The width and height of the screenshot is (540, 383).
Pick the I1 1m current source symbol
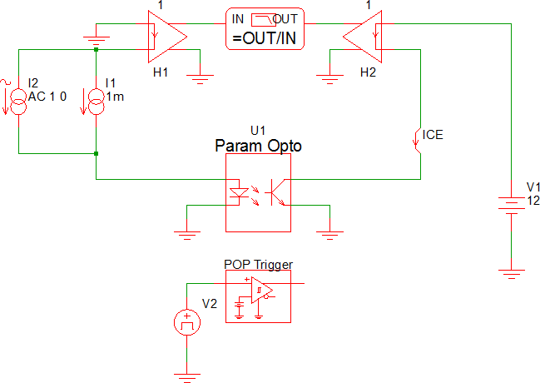[x=97, y=98]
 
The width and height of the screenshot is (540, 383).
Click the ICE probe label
[x=433, y=134]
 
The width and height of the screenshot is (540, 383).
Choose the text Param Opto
[x=258, y=146]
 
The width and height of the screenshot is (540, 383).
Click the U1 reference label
[x=257, y=131]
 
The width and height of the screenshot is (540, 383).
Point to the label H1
[x=161, y=73]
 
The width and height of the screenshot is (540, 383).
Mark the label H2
[x=368, y=73]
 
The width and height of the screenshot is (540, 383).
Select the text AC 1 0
[x=47, y=97]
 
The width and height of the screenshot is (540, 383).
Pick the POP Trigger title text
[x=258, y=265]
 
